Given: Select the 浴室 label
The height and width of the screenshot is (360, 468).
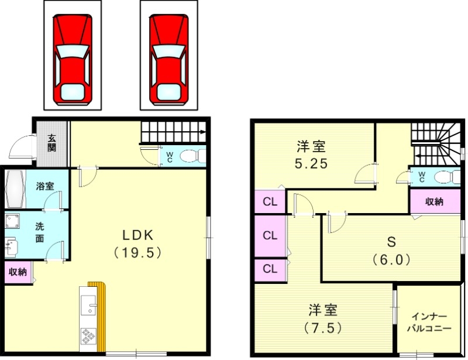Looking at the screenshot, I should pyautogui.click(x=45, y=186).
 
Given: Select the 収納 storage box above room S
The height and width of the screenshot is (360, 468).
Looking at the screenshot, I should pyautogui.click(x=433, y=202).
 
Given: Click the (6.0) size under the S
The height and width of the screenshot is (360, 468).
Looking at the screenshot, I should pyautogui.click(x=390, y=259).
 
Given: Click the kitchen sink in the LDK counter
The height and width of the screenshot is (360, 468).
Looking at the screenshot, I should pyautogui.click(x=88, y=306).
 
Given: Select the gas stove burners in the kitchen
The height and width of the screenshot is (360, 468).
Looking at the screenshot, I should pyautogui.click(x=88, y=337).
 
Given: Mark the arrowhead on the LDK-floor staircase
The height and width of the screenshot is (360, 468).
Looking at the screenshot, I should pyautogui.click(x=203, y=132).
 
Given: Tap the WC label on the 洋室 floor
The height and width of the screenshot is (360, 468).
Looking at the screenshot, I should pyautogui.click(x=420, y=176).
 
